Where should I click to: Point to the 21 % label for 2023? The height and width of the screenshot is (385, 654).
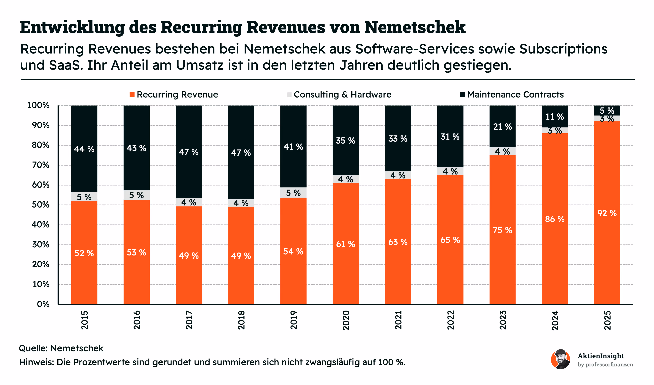[502, 127]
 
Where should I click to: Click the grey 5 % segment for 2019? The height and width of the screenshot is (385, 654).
[293, 193]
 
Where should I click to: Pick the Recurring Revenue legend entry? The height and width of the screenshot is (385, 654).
[174, 95]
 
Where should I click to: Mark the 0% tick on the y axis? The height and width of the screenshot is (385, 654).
[43, 304]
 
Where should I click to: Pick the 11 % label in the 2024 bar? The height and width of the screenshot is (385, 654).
[555, 117]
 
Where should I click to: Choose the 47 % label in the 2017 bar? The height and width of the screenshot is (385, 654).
[189, 152]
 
